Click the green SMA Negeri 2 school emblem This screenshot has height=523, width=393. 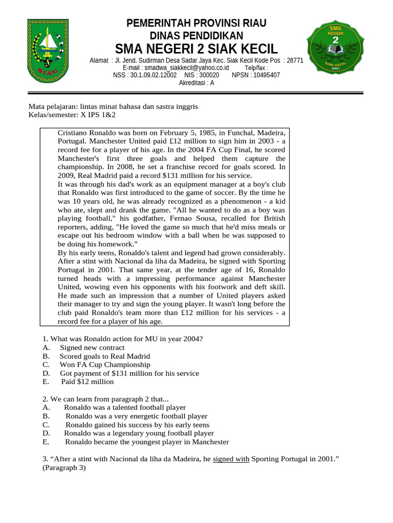[x=336, y=49]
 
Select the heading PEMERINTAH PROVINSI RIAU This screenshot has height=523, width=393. [x=196, y=23]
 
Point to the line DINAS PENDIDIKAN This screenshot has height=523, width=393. [x=196, y=35]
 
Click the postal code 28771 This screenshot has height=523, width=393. [x=295, y=60]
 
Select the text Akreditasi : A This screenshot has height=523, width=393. [x=196, y=83]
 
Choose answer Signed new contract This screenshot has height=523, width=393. [x=92, y=348]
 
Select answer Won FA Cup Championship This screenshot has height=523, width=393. [x=105, y=365]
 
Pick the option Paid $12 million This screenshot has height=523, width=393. [x=88, y=382]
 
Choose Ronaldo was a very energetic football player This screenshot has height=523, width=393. [x=136, y=416]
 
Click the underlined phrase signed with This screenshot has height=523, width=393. [x=231, y=459]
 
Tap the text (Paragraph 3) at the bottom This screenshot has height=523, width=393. [x=64, y=467]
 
